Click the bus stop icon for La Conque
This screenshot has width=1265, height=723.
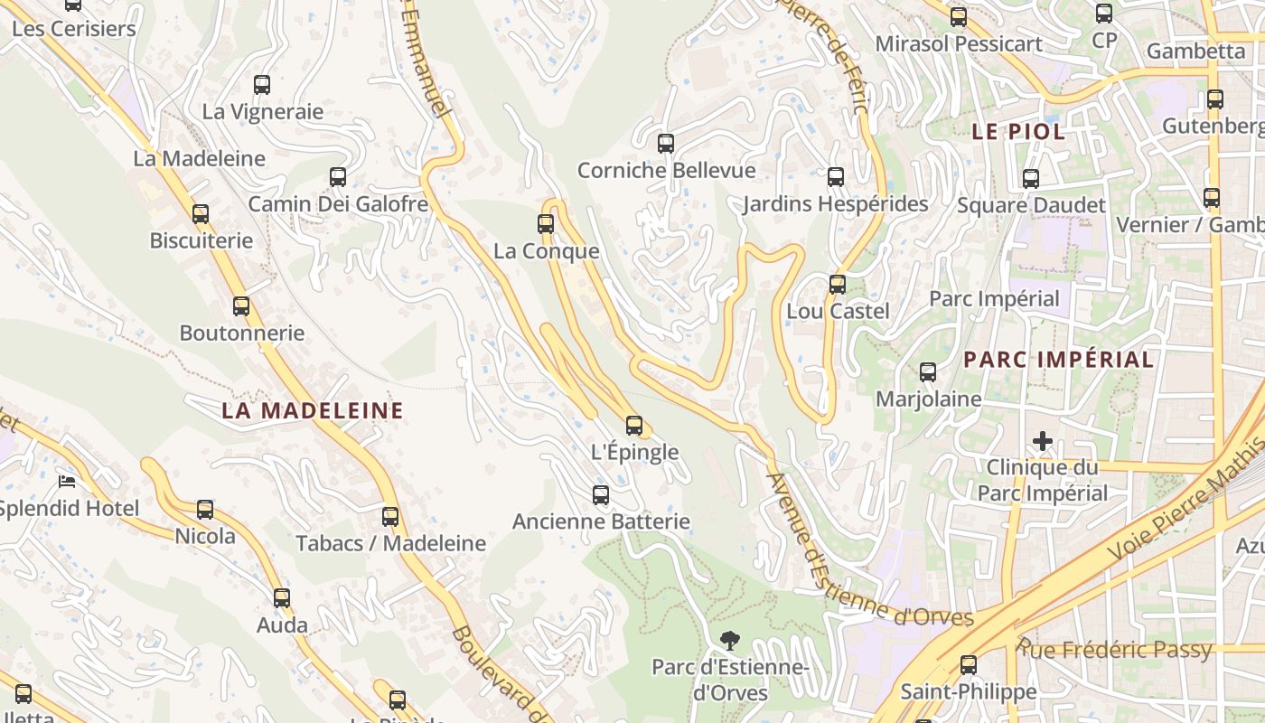[x=546, y=224]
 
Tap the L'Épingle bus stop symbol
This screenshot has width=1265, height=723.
[x=634, y=426]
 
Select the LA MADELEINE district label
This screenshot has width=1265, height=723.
[x=313, y=410]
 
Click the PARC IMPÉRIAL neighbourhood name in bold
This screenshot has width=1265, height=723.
[x=1058, y=359]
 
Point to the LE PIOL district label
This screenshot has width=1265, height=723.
[x=1018, y=131]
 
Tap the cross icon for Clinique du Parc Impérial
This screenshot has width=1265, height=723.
[x=1043, y=441]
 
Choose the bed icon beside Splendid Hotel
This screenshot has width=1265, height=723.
[x=67, y=481]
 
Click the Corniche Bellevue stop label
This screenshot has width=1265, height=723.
[x=666, y=170]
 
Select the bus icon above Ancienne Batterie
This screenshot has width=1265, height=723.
[x=601, y=494]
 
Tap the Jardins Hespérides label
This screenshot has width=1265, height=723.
[x=835, y=204]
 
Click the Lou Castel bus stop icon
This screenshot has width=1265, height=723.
[x=838, y=285]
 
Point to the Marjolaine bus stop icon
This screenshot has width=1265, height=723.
[x=928, y=372]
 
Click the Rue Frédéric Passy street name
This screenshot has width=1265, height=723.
[x=1116, y=650]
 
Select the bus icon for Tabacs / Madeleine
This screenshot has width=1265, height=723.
[x=390, y=517]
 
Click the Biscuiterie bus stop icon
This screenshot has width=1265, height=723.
[x=201, y=214]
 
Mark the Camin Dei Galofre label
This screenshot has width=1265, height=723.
[x=338, y=204]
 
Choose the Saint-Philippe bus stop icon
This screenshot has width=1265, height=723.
[x=969, y=665]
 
